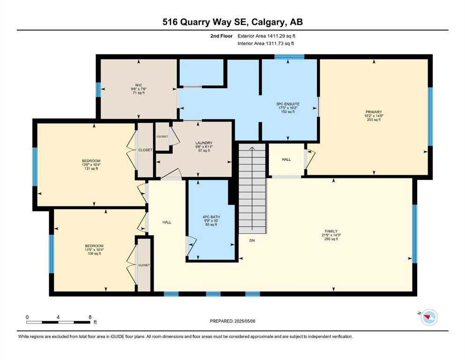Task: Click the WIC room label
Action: pos(139,85)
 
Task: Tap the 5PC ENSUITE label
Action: pos(288,104)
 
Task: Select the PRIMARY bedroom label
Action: pos(374,112)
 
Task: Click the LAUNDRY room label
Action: pos(204,143)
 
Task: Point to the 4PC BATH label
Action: pos(211,217)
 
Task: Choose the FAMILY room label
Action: pos(331,231)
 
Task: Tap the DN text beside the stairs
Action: pos(252,240)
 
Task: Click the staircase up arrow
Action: pos(252,188)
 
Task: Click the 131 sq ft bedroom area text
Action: pos(91,169)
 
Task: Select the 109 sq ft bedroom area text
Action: pos(94,254)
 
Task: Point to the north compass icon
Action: pos(429,317)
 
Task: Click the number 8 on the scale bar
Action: pos(90,317)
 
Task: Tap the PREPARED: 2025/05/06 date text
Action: pos(232,321)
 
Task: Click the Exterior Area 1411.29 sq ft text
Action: pos(266,36)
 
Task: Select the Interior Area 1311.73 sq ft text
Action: pos(266,43)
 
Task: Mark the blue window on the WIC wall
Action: pos(98,90)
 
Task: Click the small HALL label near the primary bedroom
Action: pos(286,159)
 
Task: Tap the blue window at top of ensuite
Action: pos(289,57)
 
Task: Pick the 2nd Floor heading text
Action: pos(221,36)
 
